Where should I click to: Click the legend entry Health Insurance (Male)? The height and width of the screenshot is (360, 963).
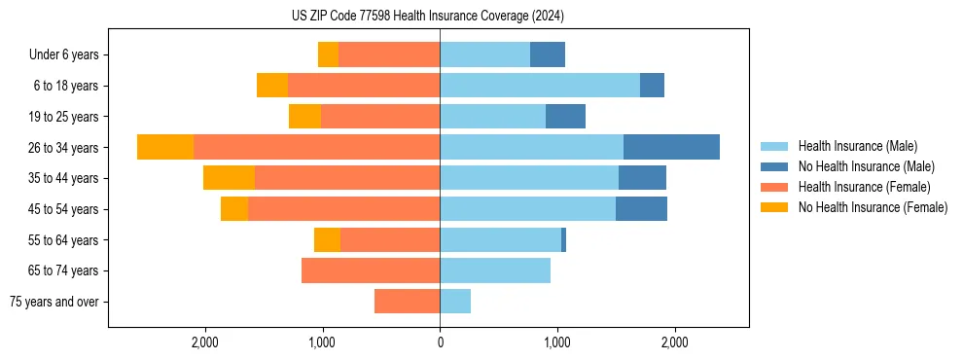click(x=857, y=146)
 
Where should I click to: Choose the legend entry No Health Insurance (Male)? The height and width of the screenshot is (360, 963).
click(x=866, y=166)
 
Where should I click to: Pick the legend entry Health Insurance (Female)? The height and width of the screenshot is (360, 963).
click(x=864, y=187)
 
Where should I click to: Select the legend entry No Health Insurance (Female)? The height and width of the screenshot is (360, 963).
click(x=873, y=207)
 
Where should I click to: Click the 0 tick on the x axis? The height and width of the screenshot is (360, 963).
click(x=440, y=342)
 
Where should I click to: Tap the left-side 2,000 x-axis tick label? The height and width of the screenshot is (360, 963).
click(x=205, y=342)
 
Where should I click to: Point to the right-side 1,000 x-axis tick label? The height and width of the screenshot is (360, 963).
click(x=557, y=342)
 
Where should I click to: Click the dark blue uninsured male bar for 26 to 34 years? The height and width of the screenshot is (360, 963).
click(x=671, y=147)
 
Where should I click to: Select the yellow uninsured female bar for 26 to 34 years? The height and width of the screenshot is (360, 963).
click(x=165, y=147)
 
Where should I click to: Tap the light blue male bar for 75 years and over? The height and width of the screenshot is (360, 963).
click(x=455, y=302)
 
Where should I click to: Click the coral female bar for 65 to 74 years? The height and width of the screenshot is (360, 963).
click(x=371, y=270)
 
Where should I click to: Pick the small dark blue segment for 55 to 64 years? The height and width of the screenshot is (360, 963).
click(x=563, y=240)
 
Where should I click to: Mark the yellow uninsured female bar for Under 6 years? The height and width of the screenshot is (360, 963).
click(x=328, y=54)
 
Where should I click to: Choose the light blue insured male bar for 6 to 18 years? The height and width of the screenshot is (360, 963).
click(x=540, y=86)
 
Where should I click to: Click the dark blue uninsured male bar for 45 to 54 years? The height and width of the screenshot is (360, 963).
click(x=641, y=209)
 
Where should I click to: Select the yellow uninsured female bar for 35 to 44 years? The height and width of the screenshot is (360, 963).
click(x=229, y=178)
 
